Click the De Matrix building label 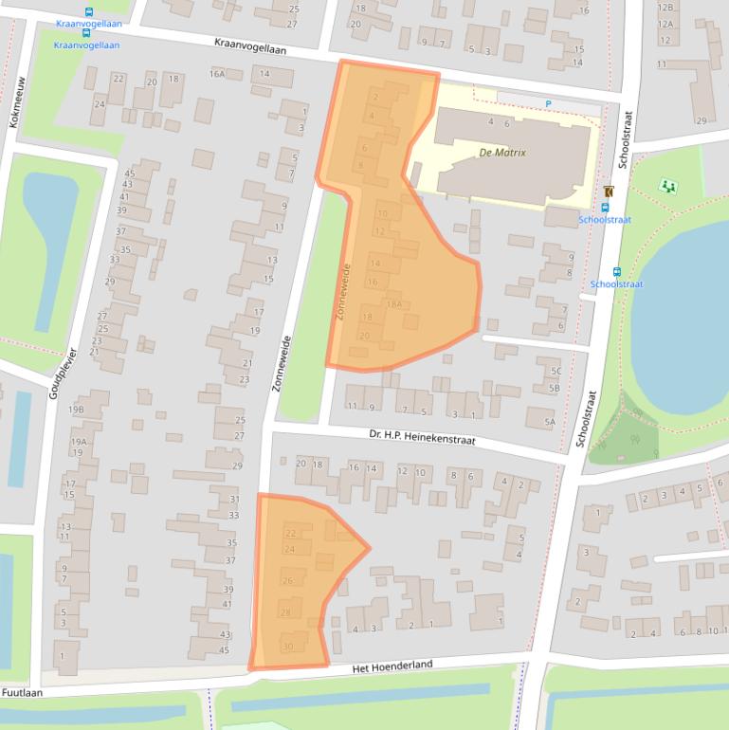coord(502,152)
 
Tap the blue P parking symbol coord(548,103)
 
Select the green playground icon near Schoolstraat coord(670,185)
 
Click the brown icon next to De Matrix coord(608,192)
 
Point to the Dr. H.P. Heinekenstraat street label coord(422,437)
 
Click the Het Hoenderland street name coord(392,666)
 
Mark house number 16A coord(218,74)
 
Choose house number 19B coord(76,410)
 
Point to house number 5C coord(556,371)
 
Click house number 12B coord(665,8)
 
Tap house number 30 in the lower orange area coord(287,647)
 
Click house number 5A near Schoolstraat coord(550,422)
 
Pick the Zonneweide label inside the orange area coord(345,290)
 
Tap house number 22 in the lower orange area coord(289,534)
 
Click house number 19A coord(79,441)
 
